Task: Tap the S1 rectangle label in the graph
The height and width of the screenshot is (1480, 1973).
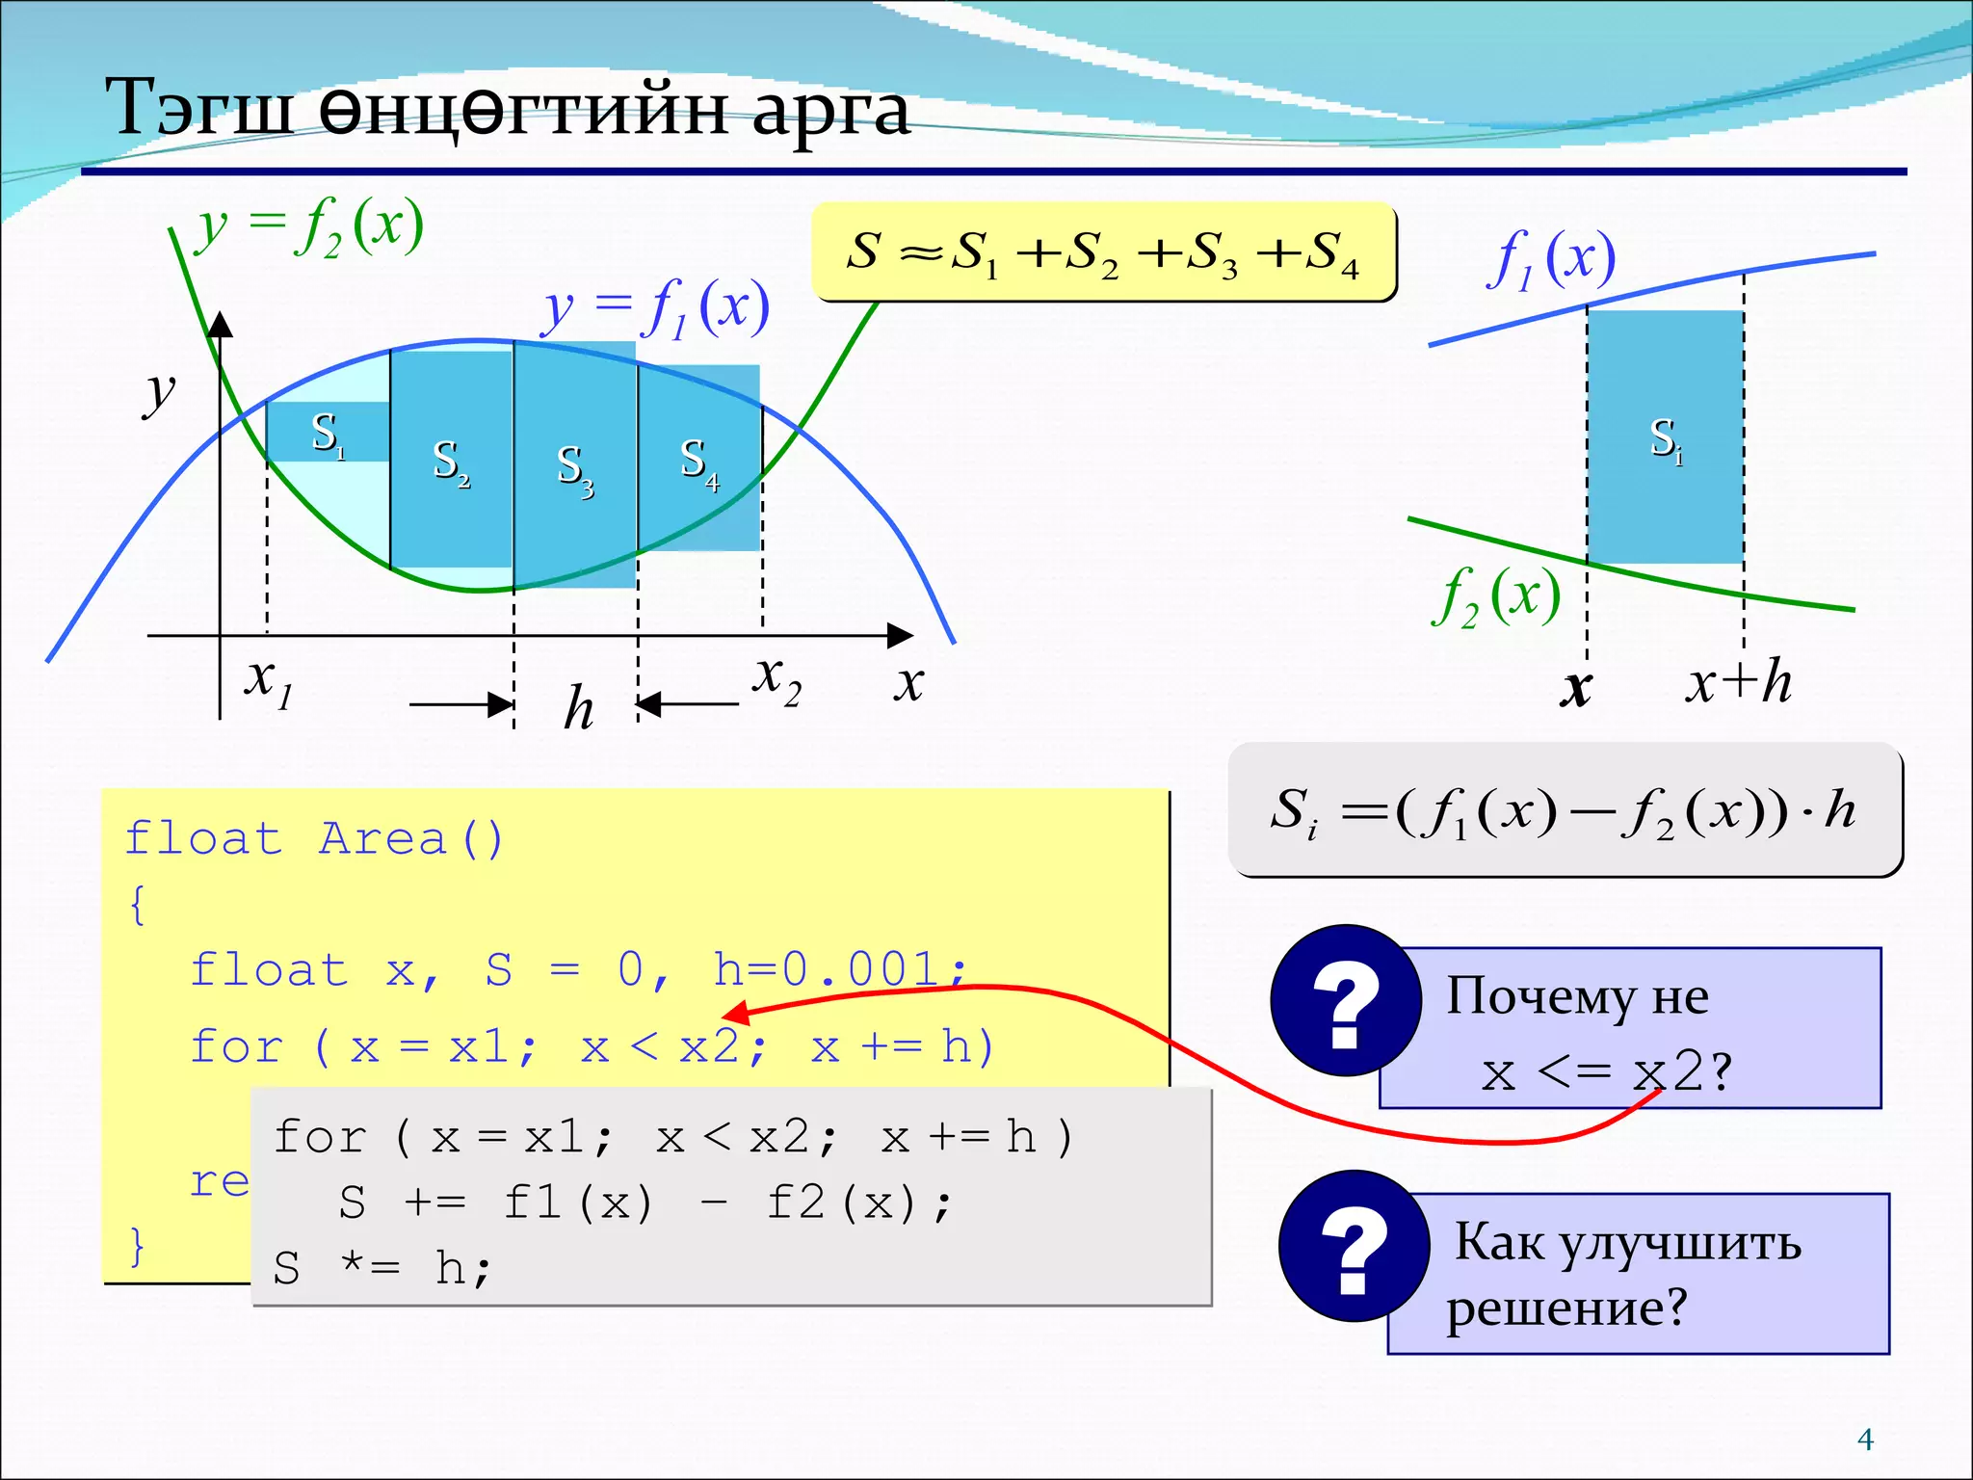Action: coord(328,435)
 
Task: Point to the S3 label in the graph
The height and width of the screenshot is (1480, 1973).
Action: coord(575,469)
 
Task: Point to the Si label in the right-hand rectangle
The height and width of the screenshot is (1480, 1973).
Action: coord(1666,440)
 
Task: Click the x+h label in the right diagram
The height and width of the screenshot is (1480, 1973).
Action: coord(1738,683)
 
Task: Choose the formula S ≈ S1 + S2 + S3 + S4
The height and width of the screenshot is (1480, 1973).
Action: coord(1103,252)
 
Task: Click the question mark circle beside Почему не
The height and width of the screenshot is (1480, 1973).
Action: coord(1345,1001)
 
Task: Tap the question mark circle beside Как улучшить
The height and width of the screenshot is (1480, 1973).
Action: coord(1354,1246)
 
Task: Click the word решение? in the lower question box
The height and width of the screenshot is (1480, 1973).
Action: coord(1566,1308)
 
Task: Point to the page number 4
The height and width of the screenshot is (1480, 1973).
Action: coord(1865,1440)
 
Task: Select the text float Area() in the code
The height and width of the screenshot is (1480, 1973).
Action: coord(314,839)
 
